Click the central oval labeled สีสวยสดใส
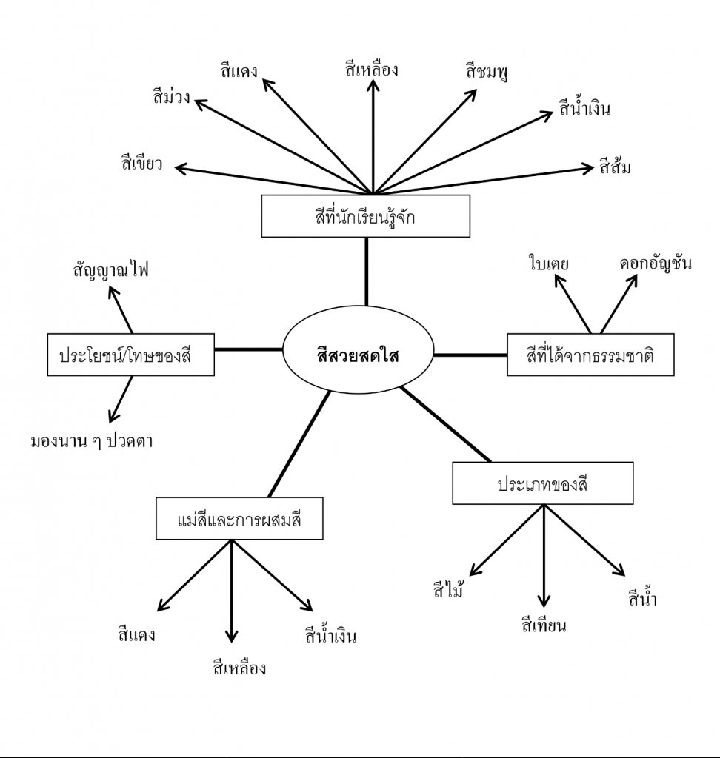click(x=358, y=354)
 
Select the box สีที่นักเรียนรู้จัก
click(x=366, y=216)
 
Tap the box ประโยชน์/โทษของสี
click(x=130, y=355)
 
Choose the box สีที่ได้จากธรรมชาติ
click(x=590, y=355)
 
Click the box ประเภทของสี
click(x=542, y=483)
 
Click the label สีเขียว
click(x=142, y=164)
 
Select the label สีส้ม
click(x=616, y=166)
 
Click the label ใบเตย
click(x=548, y=263)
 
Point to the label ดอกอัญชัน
click(x=656, y=263)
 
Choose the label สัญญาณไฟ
click(x=111, y=269)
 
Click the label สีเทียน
click(x=544, y=626)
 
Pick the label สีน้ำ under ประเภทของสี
click(x=641, y=598)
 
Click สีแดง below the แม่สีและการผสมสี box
click(x=136, y=634)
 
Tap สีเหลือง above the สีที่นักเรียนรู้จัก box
click(x=372, y=70)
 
